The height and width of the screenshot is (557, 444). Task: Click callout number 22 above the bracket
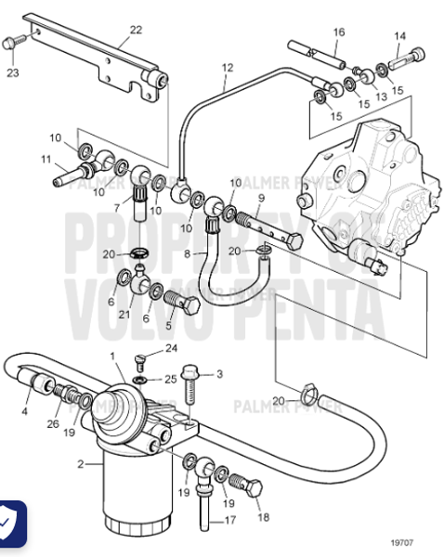pos(136,31)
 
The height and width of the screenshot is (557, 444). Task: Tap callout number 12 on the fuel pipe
pos(228,68)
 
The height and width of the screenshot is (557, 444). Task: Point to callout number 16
pos(338,32)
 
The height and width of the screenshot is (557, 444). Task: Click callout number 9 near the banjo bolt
pos(261,198)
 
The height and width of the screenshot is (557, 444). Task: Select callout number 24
pos(170,349)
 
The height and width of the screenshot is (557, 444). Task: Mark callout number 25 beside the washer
pos(170,380)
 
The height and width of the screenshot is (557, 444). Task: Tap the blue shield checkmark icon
pos(10,525)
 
